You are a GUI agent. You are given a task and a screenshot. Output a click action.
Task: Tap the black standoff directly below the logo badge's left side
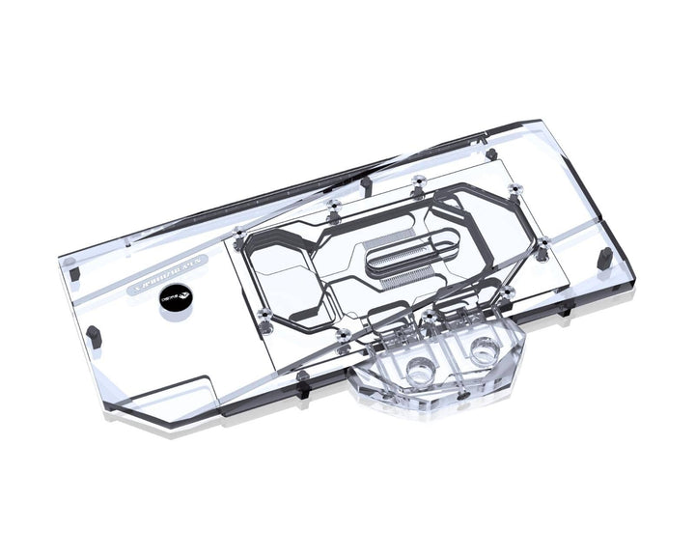[x=95, y=333]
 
